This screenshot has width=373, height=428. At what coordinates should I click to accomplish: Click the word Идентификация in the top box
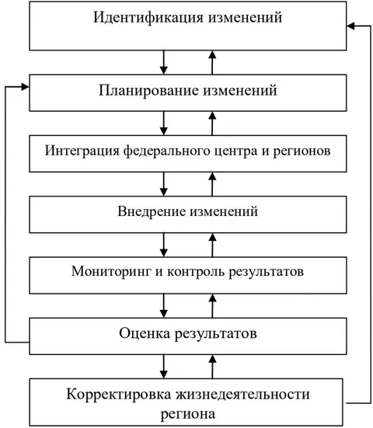pyautogui.click(x=148, y=18)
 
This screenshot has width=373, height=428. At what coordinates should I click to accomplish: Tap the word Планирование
pyautogui.click(x=149, y=91)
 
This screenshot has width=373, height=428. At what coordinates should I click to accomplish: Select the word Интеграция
pyautogui.click(x=82, y=151)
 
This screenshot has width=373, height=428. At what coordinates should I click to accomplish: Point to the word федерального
pyautogui.click(x=167, y=151)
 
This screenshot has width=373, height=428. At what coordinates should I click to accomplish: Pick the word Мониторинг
pyautogui.click(x=111, y=272)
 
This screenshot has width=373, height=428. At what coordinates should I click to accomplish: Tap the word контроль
pyautogui.click(x=196, y=272)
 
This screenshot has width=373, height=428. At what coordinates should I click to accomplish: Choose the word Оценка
pyautogui.click(x=145, y=333)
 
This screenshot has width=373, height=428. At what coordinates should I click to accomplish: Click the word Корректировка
pyautogui.click(x=119, y=395)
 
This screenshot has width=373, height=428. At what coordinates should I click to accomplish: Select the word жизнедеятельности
pyautogui.click(x=242, y=395)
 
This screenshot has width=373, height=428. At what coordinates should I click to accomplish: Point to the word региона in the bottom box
pyautogui.click(x=188, y=414)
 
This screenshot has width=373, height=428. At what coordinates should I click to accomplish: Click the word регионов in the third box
pyautogui.click(x=302, y=151)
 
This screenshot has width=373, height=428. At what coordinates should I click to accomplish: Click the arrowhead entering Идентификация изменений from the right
pyautogui.click(x=350, y=26)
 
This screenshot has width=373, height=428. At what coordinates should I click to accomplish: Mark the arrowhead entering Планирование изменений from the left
pyautogui.click(x=26, y=87)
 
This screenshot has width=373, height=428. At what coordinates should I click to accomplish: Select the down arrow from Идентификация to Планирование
pyautogui.click(x=163, y=62)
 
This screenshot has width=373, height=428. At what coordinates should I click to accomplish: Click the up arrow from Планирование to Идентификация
pyautogui.click(x=212, y=62)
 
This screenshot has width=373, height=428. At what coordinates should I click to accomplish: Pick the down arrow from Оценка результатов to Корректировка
pyautogui.click(x=163, y=367)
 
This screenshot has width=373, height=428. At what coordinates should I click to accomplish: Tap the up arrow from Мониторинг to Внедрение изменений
pyautogui.click(x=212, y=245)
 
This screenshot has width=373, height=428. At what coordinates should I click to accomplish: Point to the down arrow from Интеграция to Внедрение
pyautogui.click(x=163, y=184)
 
